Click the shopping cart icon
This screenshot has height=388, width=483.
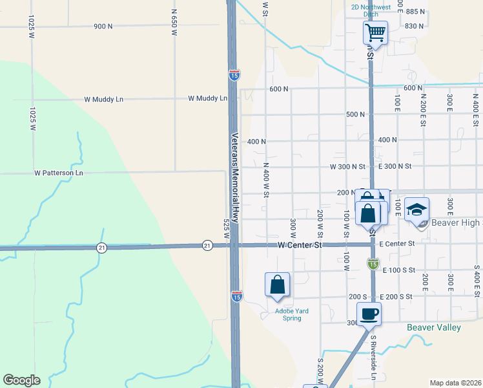[375, 31]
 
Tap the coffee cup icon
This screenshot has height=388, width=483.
[369, 314]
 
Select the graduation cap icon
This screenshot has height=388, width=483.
[417, 210]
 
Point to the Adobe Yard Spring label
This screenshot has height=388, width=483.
[292, 315]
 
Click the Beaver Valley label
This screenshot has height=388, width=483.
[434, 327]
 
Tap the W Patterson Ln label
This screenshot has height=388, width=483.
[59, 173]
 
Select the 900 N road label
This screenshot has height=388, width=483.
[103, 27]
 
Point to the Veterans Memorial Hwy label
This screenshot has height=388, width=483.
[236, 178]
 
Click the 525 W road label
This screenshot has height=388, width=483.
[226, 230]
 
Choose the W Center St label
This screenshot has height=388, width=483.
[300, 245]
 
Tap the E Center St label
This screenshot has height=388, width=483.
[396, 244]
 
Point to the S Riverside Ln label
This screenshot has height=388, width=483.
[373, 353]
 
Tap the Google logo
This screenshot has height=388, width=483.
[21, 380]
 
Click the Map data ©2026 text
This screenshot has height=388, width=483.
[455, 383]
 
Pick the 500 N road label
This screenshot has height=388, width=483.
[355, 114]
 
